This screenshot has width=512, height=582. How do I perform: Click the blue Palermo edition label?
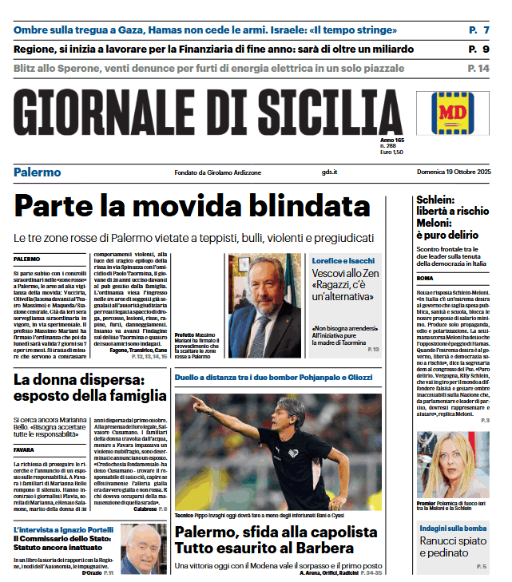(x=37, y=172)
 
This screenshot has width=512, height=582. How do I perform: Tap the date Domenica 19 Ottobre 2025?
(x=453, y=172)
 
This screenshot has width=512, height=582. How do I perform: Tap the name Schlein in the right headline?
(x=435, y=200)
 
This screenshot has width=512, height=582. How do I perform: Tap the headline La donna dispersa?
(x=78, y=381)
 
